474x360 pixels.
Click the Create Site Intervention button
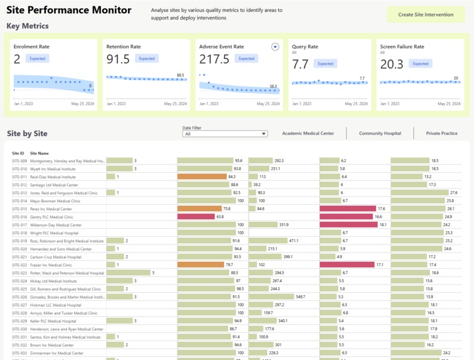click(426, 14)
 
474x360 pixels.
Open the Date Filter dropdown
click(225, 134)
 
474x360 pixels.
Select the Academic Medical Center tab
click(308, 133)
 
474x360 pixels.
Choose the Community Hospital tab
click(380, 133)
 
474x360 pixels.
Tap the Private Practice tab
click(441, 133)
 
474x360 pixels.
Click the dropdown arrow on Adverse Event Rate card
click(275, 47)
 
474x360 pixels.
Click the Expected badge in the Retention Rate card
click(146, 59)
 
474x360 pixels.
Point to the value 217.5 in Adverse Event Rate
click(214, 59)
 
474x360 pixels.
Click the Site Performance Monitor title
click(69, 10)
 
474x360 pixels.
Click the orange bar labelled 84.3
click(202, 177)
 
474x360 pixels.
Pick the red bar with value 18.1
click(348, 225)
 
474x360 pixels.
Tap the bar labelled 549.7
click(271, 297)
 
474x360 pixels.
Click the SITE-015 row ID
click(19, 209)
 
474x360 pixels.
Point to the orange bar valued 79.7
click(200, 265)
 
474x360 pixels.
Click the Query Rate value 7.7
click(300, 64)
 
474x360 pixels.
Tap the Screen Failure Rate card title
click(402, 47)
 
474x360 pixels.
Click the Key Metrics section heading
click(28, 26)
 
